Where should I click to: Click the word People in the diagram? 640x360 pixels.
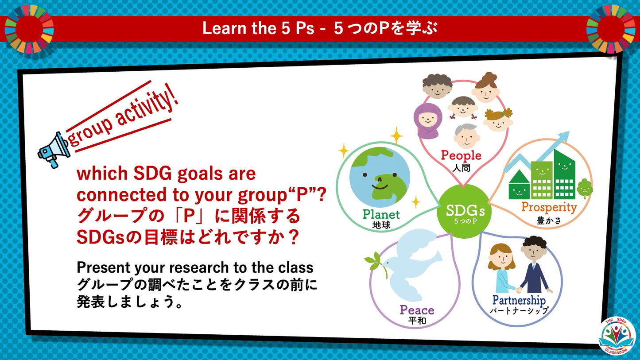[x=461, y=155]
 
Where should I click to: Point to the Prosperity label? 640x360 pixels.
[x=549, y=207]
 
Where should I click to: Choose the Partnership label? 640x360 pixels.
[x=519, y=300]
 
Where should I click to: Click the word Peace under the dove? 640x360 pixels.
[x=417, y=310]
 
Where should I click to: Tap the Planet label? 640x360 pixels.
[x=381, y=214]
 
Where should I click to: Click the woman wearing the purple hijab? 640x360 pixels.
[x=427, y=120]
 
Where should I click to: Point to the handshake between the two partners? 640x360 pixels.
[x=518, y=290]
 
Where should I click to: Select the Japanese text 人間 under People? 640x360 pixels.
[x=461, y=168]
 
